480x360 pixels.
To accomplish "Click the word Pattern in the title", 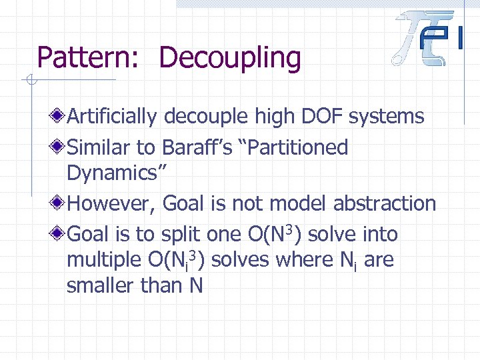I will [84, 58].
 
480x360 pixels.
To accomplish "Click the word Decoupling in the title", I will [230, 59].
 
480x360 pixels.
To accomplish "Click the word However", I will [110, 203].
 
